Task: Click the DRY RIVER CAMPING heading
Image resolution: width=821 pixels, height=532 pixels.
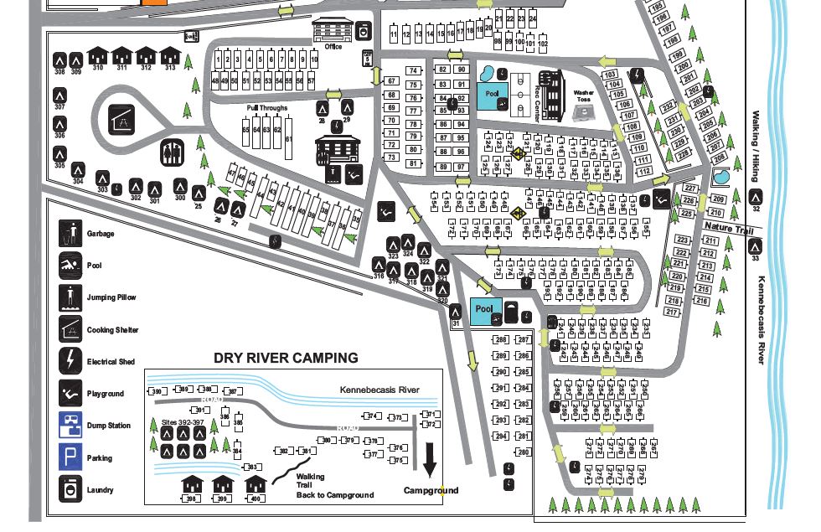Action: click(286, 358)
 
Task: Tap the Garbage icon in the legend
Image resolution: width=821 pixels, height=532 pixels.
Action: click(70, 232)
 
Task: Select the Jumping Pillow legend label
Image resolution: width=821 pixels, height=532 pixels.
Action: click(111, 297)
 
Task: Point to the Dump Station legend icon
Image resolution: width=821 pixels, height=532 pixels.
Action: click(70, 426)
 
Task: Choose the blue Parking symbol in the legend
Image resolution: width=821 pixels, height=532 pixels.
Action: click(70, 457)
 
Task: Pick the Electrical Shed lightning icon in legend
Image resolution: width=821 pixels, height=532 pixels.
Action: click(70, 361)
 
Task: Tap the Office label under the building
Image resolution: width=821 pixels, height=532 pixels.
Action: click(333, 47)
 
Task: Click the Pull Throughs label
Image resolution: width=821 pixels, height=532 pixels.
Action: click(267, 108)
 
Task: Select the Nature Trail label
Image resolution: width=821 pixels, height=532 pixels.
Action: click(729, 227)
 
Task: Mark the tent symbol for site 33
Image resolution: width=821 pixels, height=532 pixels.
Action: click(755, 246)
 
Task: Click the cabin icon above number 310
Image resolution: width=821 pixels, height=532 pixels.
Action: click(98, 54)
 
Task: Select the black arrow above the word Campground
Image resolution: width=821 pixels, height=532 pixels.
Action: click(430, 458)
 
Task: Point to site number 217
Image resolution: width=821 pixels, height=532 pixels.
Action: click(671, 312)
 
